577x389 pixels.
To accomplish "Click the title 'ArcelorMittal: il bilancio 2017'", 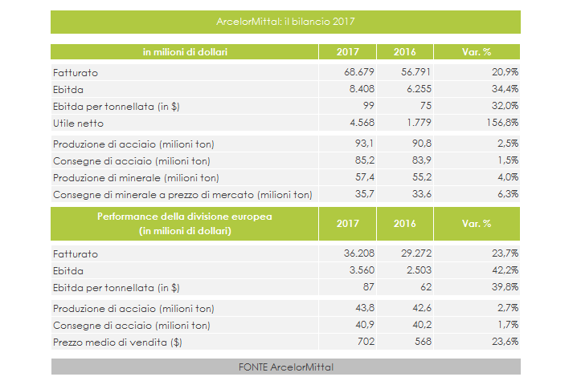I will [285, 22].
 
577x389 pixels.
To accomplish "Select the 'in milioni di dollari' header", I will [185, 52].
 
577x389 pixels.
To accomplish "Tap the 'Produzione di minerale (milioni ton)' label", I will [136, 177].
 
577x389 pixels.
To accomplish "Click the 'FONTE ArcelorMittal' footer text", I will [285, 367].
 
